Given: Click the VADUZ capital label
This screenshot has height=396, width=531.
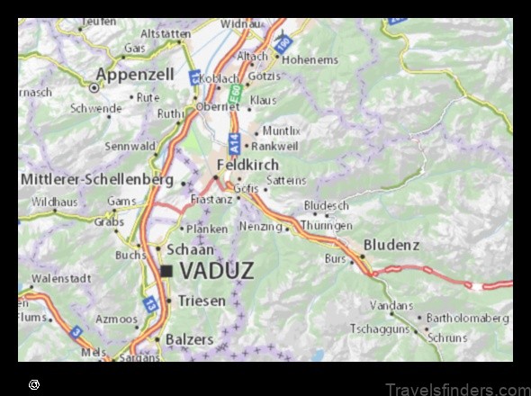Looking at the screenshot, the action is pos(217,270).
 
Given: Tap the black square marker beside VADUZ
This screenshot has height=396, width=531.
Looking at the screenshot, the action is pos(166,270).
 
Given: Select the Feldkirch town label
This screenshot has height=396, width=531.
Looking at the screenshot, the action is pos(247,166).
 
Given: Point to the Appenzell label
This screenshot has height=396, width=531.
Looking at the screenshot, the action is pos(136,75).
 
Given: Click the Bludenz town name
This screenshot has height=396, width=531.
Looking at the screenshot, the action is pos(391,245).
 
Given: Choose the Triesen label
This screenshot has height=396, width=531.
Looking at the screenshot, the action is pos(202,301).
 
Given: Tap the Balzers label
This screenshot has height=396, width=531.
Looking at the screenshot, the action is pos(190,339).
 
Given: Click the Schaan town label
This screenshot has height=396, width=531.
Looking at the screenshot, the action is pos(191,249).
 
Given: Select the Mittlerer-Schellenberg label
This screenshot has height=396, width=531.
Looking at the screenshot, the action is pos(97,179).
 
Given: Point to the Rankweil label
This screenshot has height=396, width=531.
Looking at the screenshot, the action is pos(277,145).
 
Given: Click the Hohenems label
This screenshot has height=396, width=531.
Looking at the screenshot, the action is pos(310,60).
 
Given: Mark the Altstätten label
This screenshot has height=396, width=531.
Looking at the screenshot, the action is pos(166,33).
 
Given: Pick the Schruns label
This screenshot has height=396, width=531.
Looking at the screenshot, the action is pos(447,337).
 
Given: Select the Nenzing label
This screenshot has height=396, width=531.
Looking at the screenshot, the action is pos(261,227).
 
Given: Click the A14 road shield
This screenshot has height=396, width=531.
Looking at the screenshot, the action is pos(234,141).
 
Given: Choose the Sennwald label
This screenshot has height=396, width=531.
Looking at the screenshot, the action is pos(130,146).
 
